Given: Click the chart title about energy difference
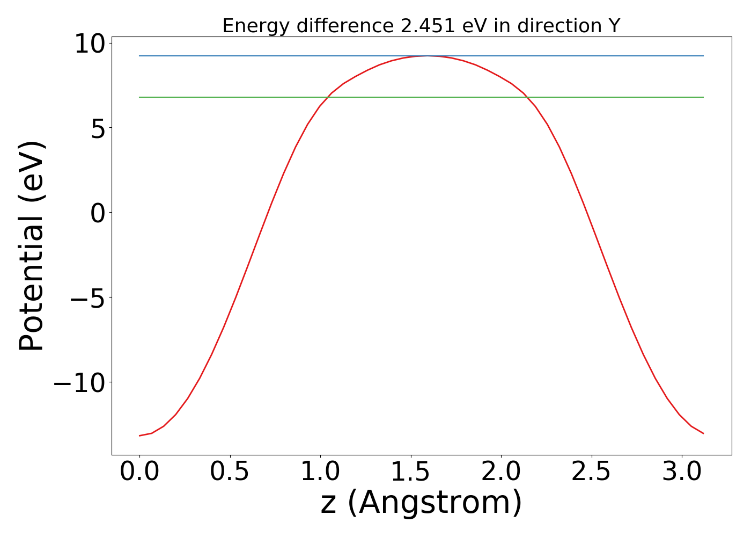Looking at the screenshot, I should coord(421,26).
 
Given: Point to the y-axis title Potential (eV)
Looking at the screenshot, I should coord(31,246).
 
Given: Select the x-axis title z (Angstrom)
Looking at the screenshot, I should coord(421,503).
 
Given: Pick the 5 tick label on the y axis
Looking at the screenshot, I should coord(98,129).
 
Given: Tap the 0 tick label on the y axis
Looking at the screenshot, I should coord(98,213).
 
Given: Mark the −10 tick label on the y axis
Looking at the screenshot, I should coord(78,383).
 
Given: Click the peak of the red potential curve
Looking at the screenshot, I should coord(427,55).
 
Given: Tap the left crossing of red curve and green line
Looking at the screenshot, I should coord(328,97).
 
